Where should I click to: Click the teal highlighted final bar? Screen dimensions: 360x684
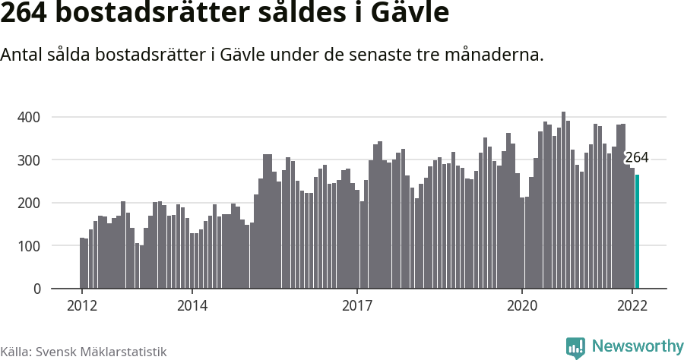(x=638, y=232)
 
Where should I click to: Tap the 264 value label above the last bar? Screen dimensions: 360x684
(x=636, y=158)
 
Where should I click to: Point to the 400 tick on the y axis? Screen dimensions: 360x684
(x=30, y=117)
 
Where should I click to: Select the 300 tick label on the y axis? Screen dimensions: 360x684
(x=30, y=160)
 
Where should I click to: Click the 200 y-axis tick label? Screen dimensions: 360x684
(x=30, y=203)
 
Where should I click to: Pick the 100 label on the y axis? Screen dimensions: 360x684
(x=30, y=246)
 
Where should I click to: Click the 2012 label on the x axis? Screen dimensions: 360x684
(x=82, y=306)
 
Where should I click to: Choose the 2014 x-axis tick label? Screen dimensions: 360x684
(x=192, y=306)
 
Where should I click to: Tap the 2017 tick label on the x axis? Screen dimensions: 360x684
(x=357, y=306)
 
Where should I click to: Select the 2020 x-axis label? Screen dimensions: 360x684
(x=522, y=306)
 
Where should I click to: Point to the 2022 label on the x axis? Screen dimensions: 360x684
(x=632, y=306)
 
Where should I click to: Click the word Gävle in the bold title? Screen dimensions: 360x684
(x=408, y=14)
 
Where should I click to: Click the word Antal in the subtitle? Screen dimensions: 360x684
(x=21, y=55)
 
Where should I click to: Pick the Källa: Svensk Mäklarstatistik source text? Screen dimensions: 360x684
(x=84, y=352)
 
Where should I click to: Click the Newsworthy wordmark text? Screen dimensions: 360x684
(x=637, y=346)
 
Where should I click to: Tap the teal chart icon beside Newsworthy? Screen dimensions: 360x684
(x=575, y=348)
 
